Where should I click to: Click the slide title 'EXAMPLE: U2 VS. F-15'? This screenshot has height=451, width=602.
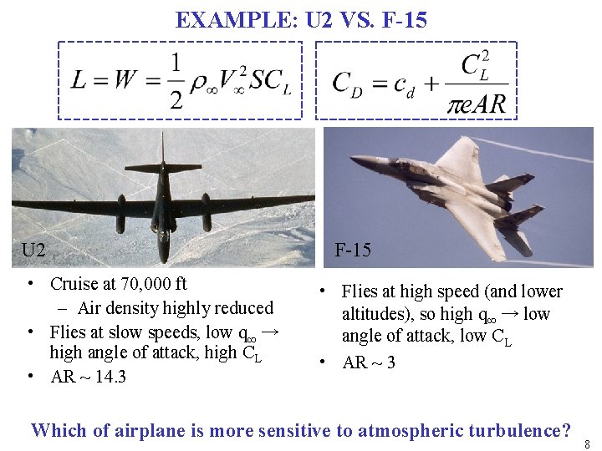coord(301,19)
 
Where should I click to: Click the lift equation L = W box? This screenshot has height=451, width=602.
coord(180,81)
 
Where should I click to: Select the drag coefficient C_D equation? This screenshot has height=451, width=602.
coord(416,81)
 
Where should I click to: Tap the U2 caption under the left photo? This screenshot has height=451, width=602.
coord(33,250)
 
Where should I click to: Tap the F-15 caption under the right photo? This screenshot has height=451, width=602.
coord(353,250)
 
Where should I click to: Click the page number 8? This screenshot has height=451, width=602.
coord(589,443)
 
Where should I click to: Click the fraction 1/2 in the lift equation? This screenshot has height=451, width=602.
coord(176,81)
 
